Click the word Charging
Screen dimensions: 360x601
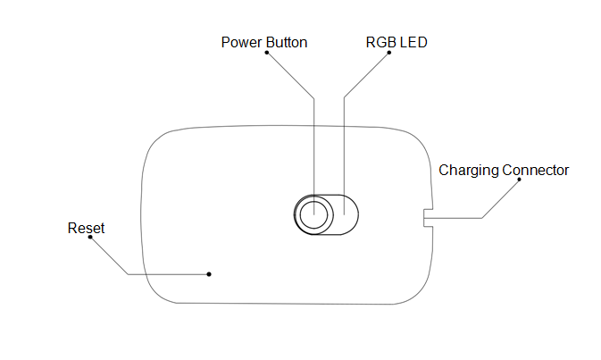click(x=468, y=170)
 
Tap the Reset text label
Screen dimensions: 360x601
click(x=86, y=229)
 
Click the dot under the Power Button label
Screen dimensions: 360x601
click(x=266, y=54)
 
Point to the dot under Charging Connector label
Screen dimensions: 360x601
click(x=520, y=181)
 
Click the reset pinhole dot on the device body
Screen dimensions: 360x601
click(x=209, y=273)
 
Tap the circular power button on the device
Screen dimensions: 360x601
click(x=313, y=214)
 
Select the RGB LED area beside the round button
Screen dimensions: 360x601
click(x=342, y=214)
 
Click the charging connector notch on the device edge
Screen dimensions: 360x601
click(x=428, y=217)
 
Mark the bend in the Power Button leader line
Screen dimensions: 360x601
click(x=313, y=96)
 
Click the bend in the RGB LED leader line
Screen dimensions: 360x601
click(x=344, y=96)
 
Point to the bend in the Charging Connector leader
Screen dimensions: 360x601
click(x=481, y=217)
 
